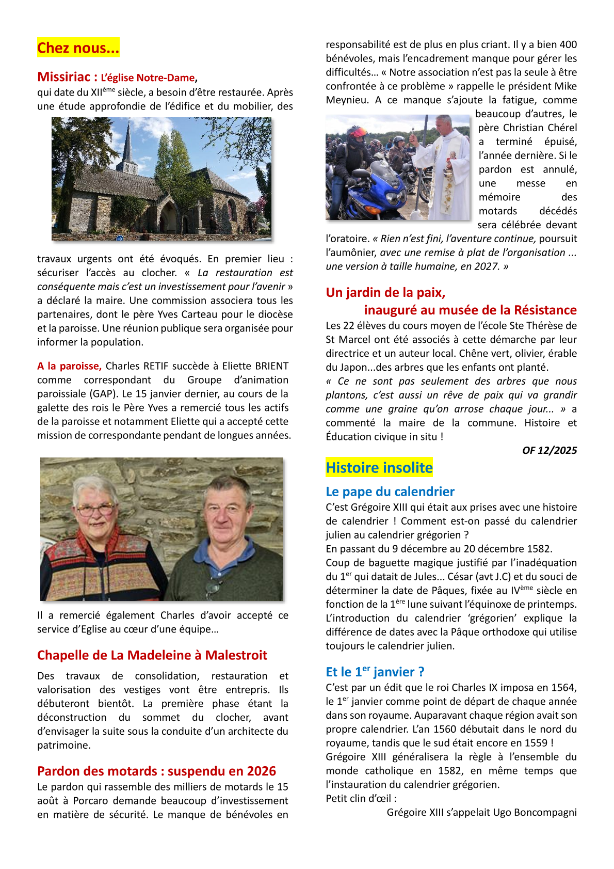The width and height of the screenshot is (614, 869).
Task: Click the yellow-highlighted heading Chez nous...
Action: coord(78,48)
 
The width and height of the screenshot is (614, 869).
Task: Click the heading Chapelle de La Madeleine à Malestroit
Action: coord(152,655)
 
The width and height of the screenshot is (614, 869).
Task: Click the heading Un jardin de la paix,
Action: coord(385,293)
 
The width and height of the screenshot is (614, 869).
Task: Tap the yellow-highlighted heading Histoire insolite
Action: coord(379,468)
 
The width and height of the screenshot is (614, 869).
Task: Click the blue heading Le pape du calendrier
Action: coord(390,492)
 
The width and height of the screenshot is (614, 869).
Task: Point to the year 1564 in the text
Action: coord(562,688)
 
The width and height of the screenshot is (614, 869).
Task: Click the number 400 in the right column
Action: coord(568,45)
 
